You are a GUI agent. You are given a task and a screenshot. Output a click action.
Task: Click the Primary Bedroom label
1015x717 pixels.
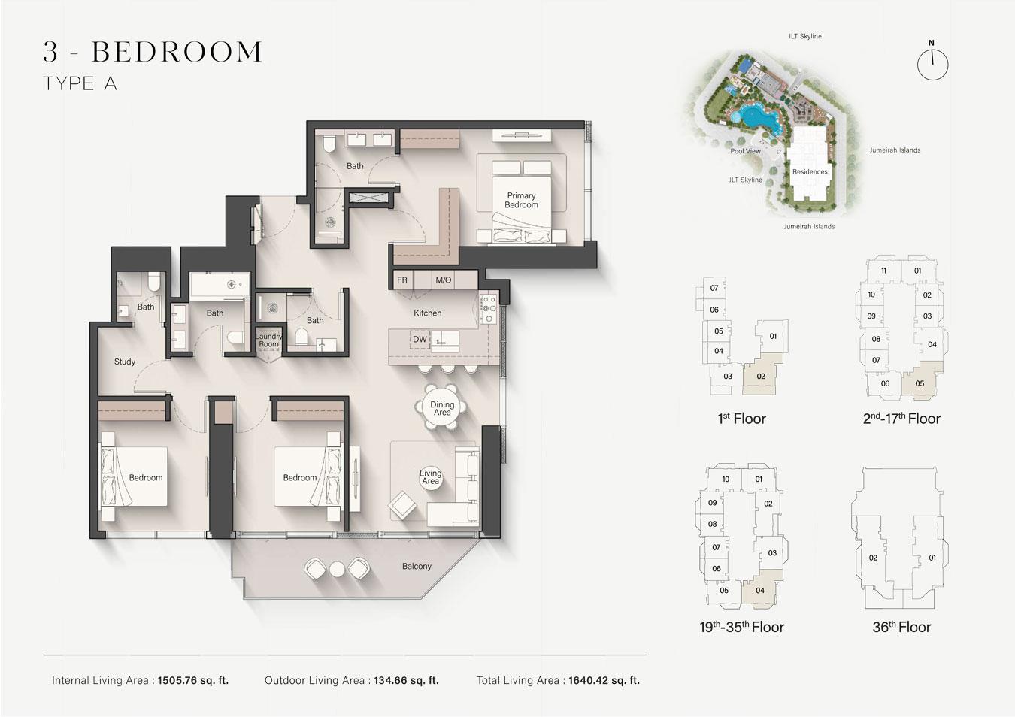point(521,200)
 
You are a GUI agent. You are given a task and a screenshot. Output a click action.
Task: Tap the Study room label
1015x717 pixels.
point(125,362)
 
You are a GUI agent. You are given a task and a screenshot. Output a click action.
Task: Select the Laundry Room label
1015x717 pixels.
point(268,340)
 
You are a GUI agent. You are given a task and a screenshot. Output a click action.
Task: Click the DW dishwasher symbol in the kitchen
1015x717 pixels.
point(420,339)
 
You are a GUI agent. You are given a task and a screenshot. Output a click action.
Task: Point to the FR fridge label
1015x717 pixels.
point(402,280)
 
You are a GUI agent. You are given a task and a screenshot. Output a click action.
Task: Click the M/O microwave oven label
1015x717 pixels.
point(443,280)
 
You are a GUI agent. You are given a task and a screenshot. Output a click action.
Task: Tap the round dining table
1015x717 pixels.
point(442,407)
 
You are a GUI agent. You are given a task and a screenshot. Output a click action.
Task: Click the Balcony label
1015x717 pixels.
point(417,566)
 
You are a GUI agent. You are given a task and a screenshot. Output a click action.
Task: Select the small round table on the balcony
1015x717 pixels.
point(337,570)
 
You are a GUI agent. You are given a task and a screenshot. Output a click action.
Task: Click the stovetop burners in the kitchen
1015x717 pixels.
point(489,309)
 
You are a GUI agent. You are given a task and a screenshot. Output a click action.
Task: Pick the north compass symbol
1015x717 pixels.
point(932,62)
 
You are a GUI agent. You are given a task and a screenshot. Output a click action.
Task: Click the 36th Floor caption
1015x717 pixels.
point(901,627)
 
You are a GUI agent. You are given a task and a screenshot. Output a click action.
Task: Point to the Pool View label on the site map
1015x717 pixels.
point(745,151)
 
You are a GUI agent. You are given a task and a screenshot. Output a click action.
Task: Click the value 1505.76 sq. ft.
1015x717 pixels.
point(193,680)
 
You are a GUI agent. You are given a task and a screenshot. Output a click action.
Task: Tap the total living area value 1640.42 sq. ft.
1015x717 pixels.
point(604,680)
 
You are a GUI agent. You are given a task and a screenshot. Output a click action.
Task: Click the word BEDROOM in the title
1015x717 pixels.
point(177,51)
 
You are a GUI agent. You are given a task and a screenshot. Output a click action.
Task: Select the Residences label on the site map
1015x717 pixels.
point(810,171)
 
